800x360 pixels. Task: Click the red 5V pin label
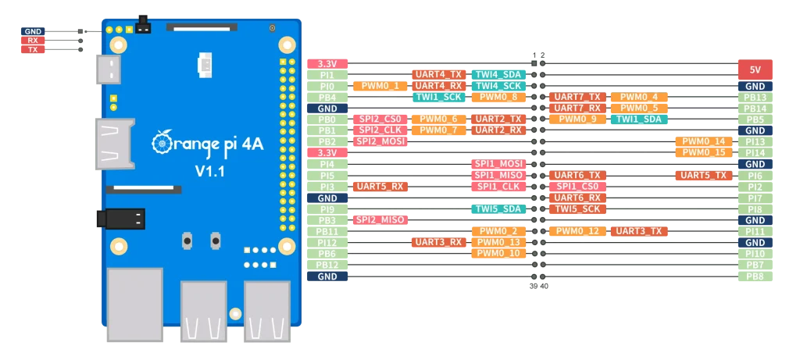[x=755, y=70]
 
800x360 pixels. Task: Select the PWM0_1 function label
[x=380, y=86]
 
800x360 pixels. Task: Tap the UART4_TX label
[x=437, y=74]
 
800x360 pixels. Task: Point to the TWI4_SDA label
[x=498, y=74]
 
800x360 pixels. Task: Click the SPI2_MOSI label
[x=380, y=141]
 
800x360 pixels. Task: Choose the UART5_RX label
[x=380, y=187]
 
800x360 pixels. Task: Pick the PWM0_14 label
[x=703, y=141]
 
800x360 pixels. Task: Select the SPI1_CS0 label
[x=577, y=187]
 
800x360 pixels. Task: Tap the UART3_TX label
[x=639, y=231]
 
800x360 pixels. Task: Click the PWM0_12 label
[x=577, y=231]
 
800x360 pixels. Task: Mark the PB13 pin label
[x=755, y=97]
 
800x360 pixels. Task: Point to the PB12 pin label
[x=327, y=265]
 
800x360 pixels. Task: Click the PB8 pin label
[x=755, y=276]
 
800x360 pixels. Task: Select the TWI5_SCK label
[x=577, y=209]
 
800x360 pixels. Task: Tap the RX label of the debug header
[x=32, y=41]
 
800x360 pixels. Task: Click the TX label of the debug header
[x=32, y=50]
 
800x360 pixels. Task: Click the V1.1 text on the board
[x=209, y=171]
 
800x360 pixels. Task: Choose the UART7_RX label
[x=577, y=108]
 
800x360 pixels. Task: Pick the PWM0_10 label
[x=498, y=254]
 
